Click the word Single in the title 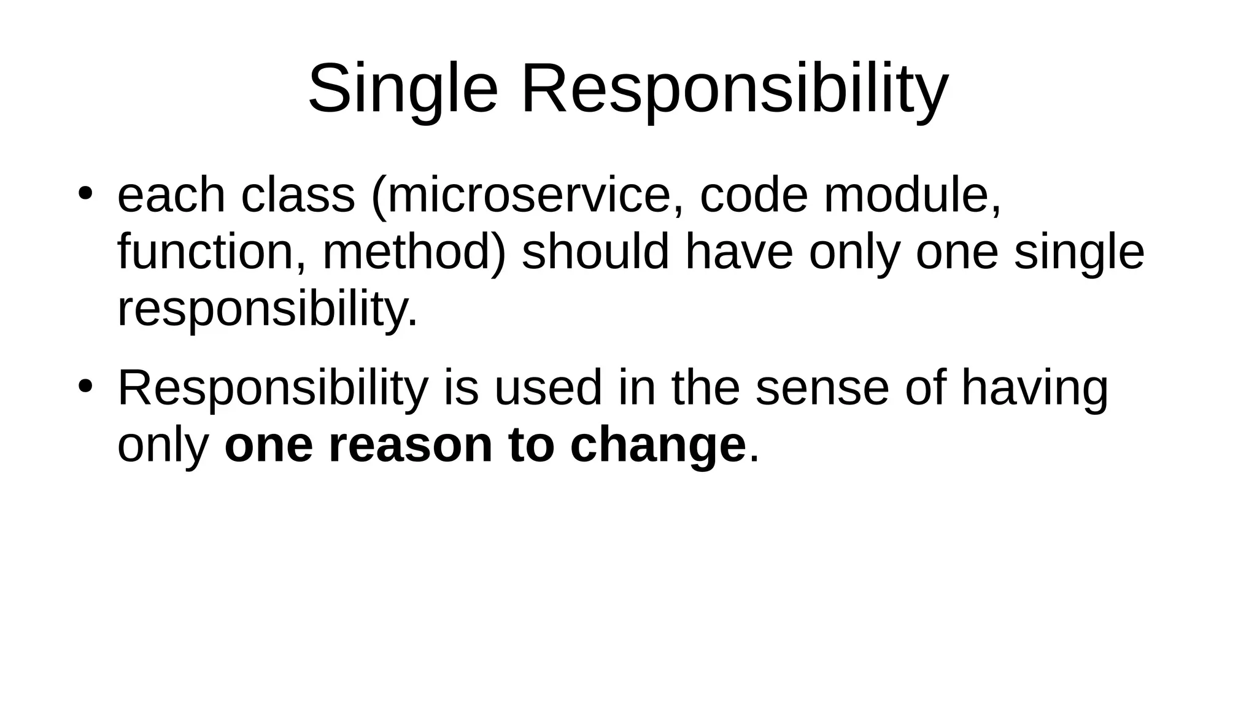coord(402,90)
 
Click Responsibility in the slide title coord(734,90)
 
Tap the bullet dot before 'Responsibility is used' coord(85,387)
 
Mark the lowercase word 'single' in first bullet coord(1078,253)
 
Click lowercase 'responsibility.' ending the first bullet coord(267,310)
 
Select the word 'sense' coord(822,388)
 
